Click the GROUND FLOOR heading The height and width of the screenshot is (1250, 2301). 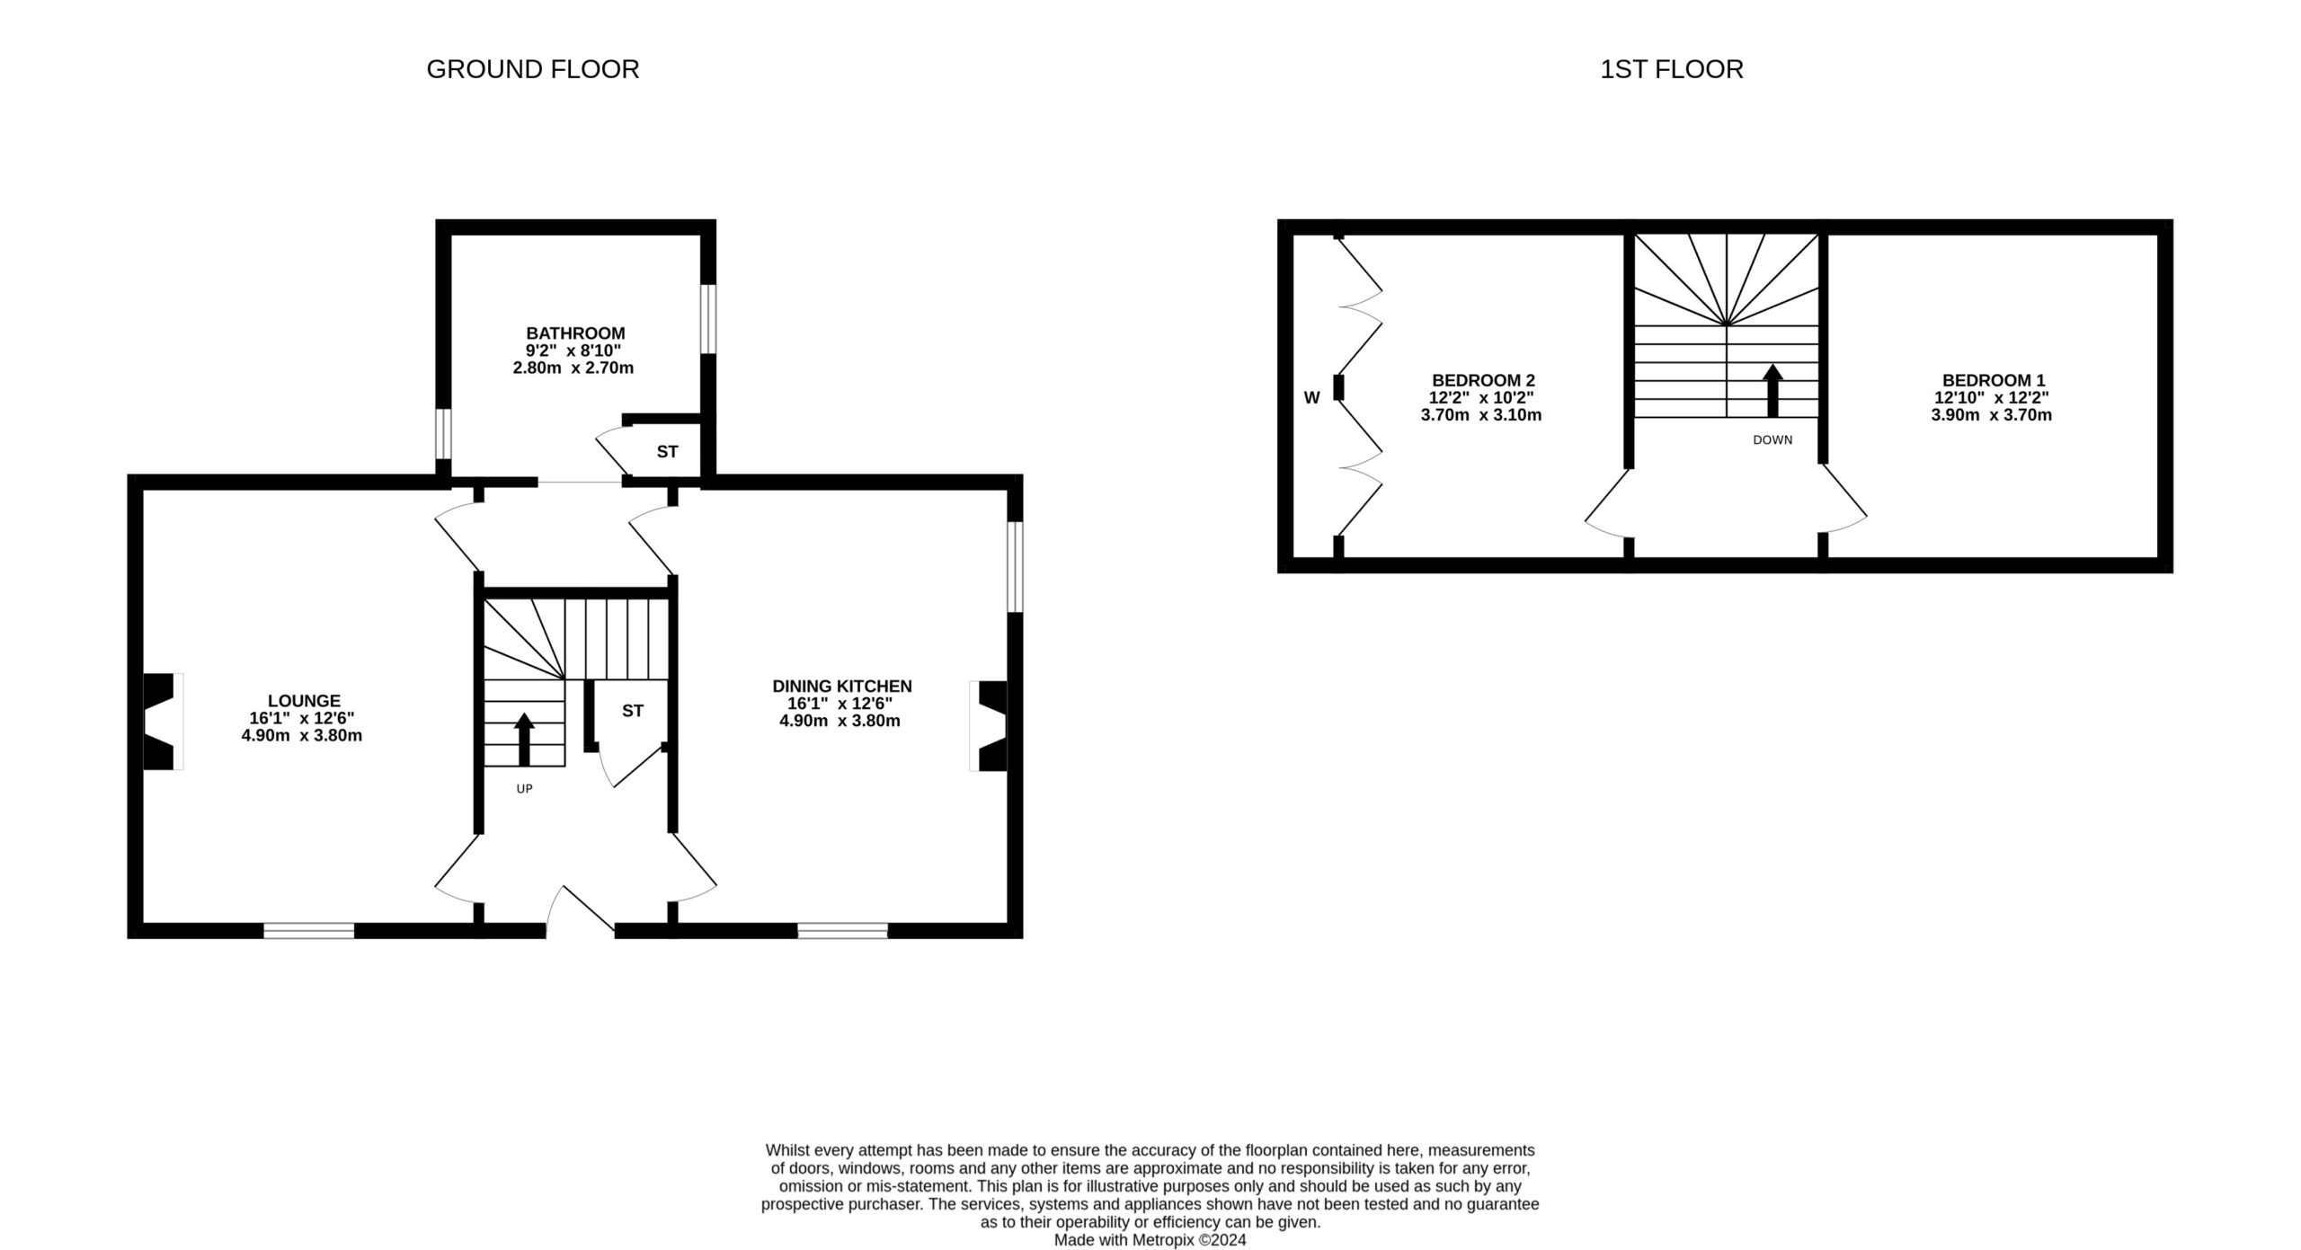532,69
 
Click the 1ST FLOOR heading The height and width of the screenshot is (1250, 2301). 1671,69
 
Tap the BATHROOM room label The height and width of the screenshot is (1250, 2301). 575,333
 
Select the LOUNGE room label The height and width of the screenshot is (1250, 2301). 304,701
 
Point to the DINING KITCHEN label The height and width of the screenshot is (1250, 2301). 841,687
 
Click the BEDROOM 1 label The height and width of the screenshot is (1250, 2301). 1992,380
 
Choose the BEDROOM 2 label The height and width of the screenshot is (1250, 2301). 1483,380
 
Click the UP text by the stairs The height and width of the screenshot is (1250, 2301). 524,789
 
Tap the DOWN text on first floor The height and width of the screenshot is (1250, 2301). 1772,440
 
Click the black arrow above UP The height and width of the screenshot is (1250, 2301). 524,738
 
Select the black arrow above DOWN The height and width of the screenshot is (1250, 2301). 1772,390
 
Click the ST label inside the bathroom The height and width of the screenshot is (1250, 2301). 667,452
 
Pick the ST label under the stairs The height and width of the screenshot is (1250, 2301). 633,711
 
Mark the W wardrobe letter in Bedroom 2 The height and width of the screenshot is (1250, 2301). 1311,397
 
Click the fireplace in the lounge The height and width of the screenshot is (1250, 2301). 162,722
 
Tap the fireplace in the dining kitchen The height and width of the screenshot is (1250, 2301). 989,726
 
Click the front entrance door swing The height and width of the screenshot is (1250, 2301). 581,909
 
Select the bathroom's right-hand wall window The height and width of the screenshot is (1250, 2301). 708,319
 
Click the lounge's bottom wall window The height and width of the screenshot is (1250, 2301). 308,930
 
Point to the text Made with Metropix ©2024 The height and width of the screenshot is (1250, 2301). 1150,1240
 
